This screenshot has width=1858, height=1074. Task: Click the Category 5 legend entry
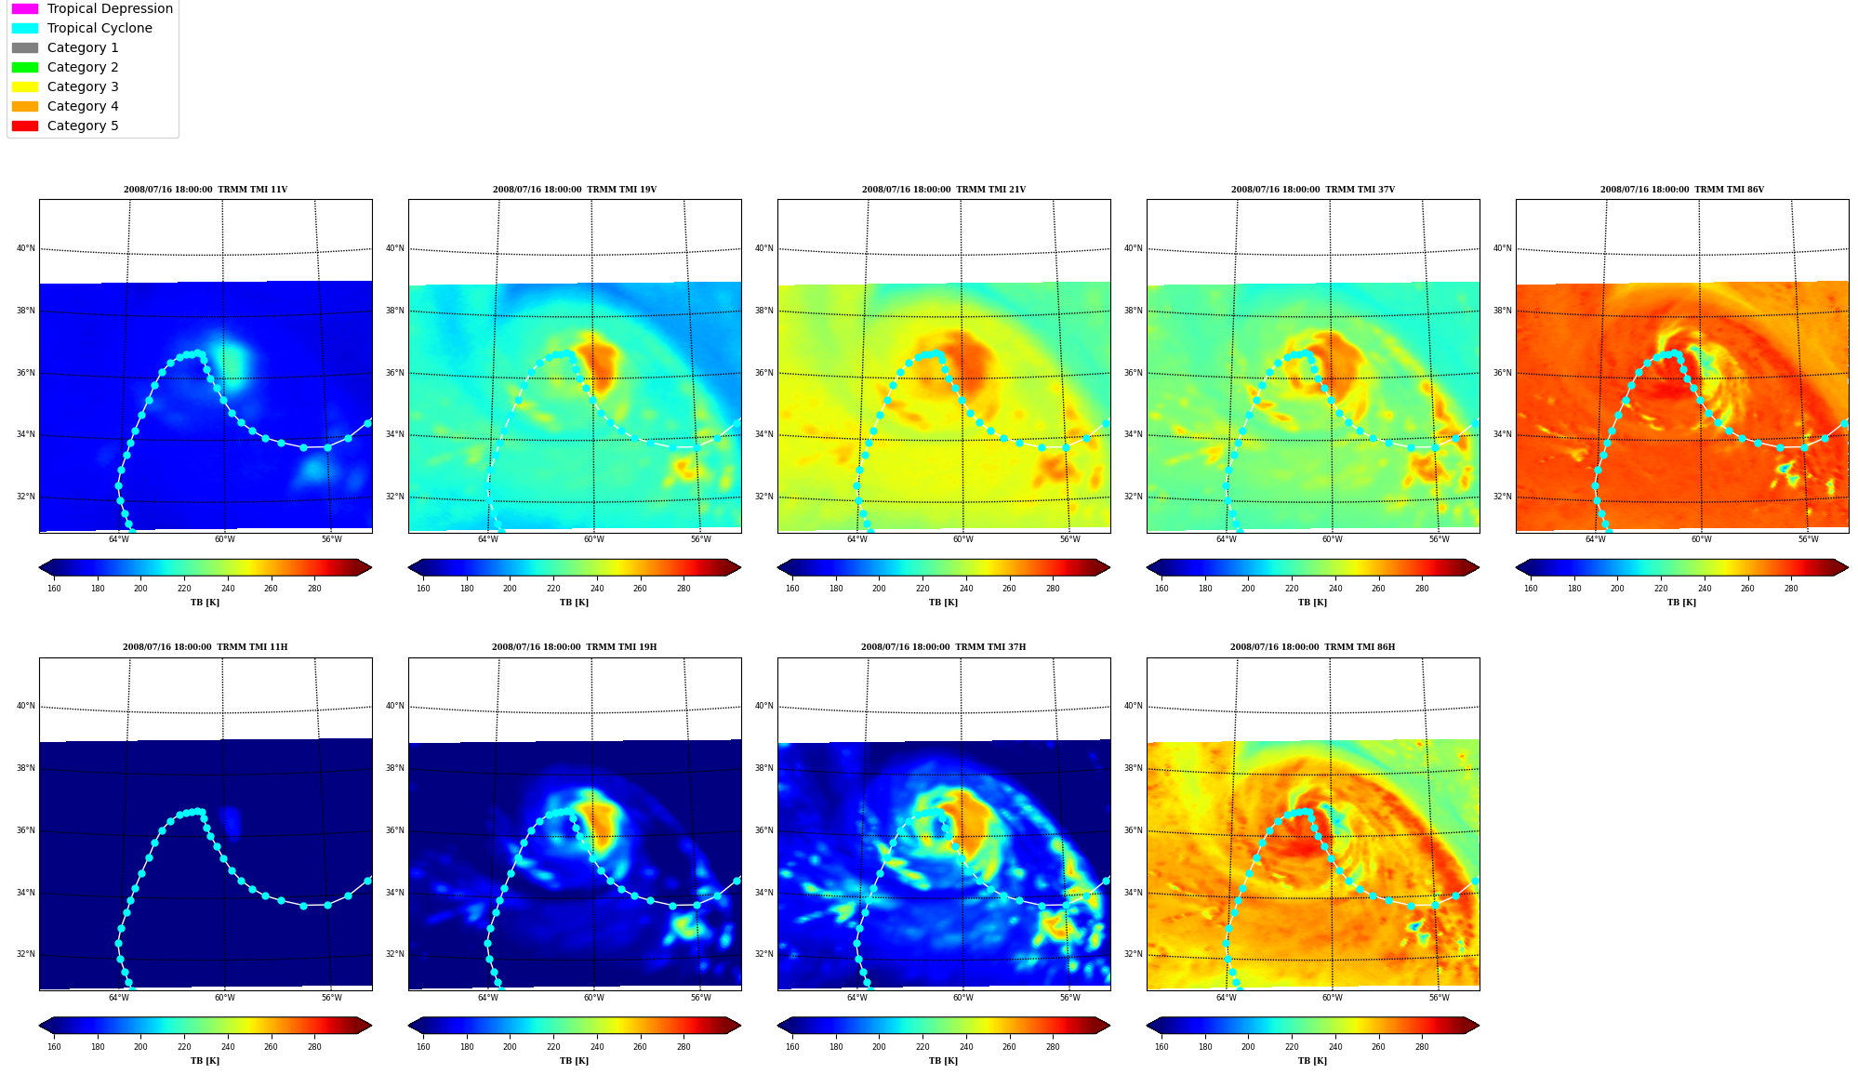pyautogui.click(x=65, y=126)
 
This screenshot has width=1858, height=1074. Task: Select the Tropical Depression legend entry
pyautogui.click(x=92, y=8)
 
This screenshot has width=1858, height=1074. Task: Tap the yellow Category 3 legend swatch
pyautogui.click(x=25, y=86)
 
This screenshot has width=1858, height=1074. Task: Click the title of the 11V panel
pyautogui.click(x=206, y=190)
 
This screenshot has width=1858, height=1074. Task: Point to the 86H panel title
pyautogui.click(x=1312, y=647)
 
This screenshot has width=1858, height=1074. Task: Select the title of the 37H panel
pyautogui.click(x=943, y=647)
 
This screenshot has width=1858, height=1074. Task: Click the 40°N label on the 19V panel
pyautogui.click(x=395, y=248)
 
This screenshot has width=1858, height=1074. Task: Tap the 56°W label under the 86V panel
pyautogui.click(x=1808, y=539)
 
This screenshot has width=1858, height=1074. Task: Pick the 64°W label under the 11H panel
pyautogui.click(x=119, y=998)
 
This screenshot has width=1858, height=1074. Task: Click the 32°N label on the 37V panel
pyautogui.click(x=1134, y=497)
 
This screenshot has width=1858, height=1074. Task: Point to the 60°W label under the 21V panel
pyautogui.click(x=962, y=539)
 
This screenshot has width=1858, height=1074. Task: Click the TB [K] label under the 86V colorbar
pyautogui.click(x=1681, y=603)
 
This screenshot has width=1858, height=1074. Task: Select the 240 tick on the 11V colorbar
pyautogui.click(x=228, y=589)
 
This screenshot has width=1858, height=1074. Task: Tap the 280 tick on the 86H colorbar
pyautogui.click(x=1422, y=1047)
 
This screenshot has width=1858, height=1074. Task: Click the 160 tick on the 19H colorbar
pyautogui.click(x=423, y=1047)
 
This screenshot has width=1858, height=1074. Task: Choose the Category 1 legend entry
pyautogui.click(x=65, y=47)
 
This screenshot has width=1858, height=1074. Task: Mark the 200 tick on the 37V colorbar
pyautogui.click(x=1248, y=589)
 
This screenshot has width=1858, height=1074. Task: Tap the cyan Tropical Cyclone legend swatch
pyautogui.click(x=25, y=28)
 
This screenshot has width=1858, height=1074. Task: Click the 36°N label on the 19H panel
pyautogui.click(x=395, y=830)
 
